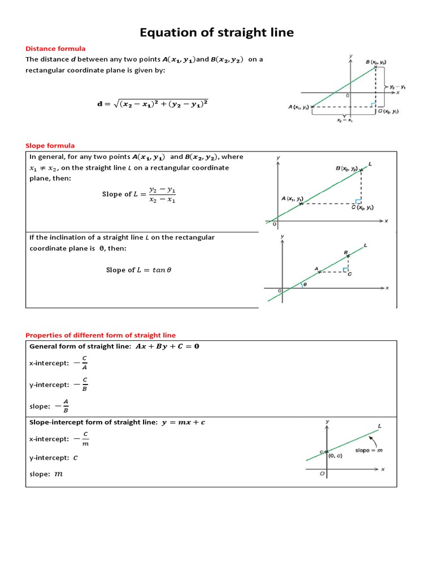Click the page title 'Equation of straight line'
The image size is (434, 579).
point(217,32)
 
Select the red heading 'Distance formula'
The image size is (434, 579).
point(55,49)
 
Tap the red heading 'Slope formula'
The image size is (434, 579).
point(50,145)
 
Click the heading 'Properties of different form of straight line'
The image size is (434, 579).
point(101,335)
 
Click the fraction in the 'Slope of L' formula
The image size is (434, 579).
point(162,195)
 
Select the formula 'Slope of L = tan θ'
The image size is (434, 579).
point(138,270)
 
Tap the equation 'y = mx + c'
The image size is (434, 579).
point(181,422)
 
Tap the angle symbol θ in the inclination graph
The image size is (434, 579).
point(305,285)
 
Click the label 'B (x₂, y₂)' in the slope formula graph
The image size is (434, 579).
point(346,168)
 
